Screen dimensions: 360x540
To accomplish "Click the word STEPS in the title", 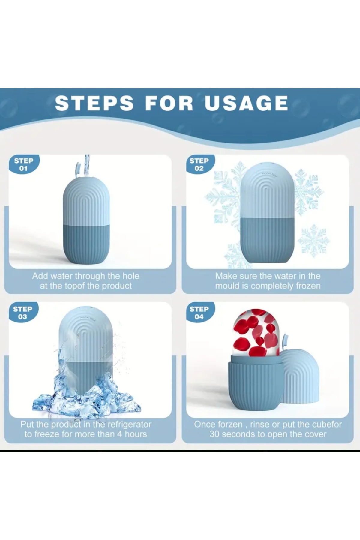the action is [x=94, y=103].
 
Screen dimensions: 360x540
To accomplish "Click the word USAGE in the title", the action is [x=246, y=103].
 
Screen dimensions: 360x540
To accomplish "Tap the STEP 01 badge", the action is [x=23, y=164].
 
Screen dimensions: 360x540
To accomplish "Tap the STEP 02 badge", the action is [x=199, y=164].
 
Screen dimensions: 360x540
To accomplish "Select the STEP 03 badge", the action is [x=22, y=313].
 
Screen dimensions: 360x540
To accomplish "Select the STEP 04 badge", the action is [x=199, y=313].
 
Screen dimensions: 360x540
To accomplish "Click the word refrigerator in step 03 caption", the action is [x=129, y=424].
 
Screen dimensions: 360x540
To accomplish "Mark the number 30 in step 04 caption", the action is [x=215, y=434].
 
